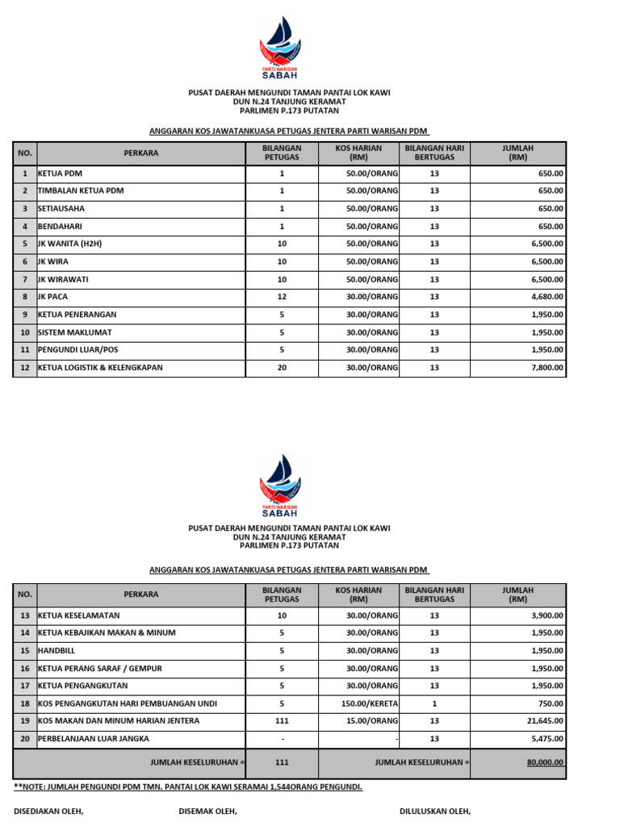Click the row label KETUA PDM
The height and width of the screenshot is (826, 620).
coord(61,173)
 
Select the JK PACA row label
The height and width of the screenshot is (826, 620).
coord(53,297)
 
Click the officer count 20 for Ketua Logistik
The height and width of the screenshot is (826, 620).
coord(282,368)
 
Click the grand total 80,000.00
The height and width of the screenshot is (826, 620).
coord(545,762)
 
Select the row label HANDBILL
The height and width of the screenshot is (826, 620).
coord(58,650)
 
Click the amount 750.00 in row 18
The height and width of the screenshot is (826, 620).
coord(551,703)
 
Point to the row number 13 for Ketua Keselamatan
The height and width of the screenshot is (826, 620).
coord(25,615)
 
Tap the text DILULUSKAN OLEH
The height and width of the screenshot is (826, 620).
coord(435,811)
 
